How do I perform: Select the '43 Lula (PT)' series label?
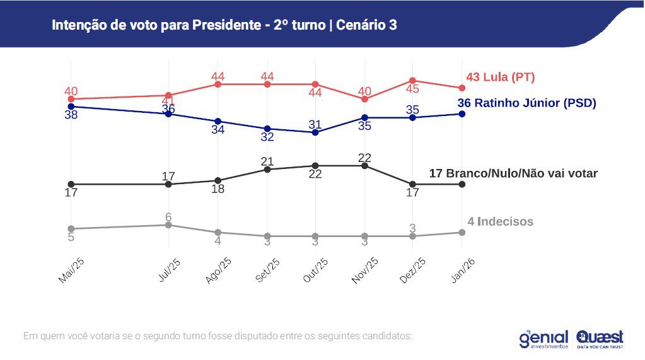(x=500, y=78)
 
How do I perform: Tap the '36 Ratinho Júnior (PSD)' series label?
(x=526, y=103)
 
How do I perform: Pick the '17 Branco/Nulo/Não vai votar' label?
(x=513, y=173)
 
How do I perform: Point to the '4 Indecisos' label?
(x=500, y=221)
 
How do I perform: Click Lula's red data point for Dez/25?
(x=413, y=81)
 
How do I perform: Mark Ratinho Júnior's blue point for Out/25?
(x=315, y=132)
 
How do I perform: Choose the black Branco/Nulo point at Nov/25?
(x=364, y=166)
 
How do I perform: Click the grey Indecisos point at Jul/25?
(x=168, y=225)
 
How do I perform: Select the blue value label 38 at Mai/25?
(x=71, y=115)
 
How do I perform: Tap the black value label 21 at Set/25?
(x=267, y=161)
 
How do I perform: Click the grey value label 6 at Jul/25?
(x=168, y=217)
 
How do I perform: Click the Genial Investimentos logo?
(x=543, y=339)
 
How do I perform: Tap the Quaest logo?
(x=600, y=339)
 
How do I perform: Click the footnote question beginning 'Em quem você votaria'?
(x=218, y=335)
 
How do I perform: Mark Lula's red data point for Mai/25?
(x=71, y=99)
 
